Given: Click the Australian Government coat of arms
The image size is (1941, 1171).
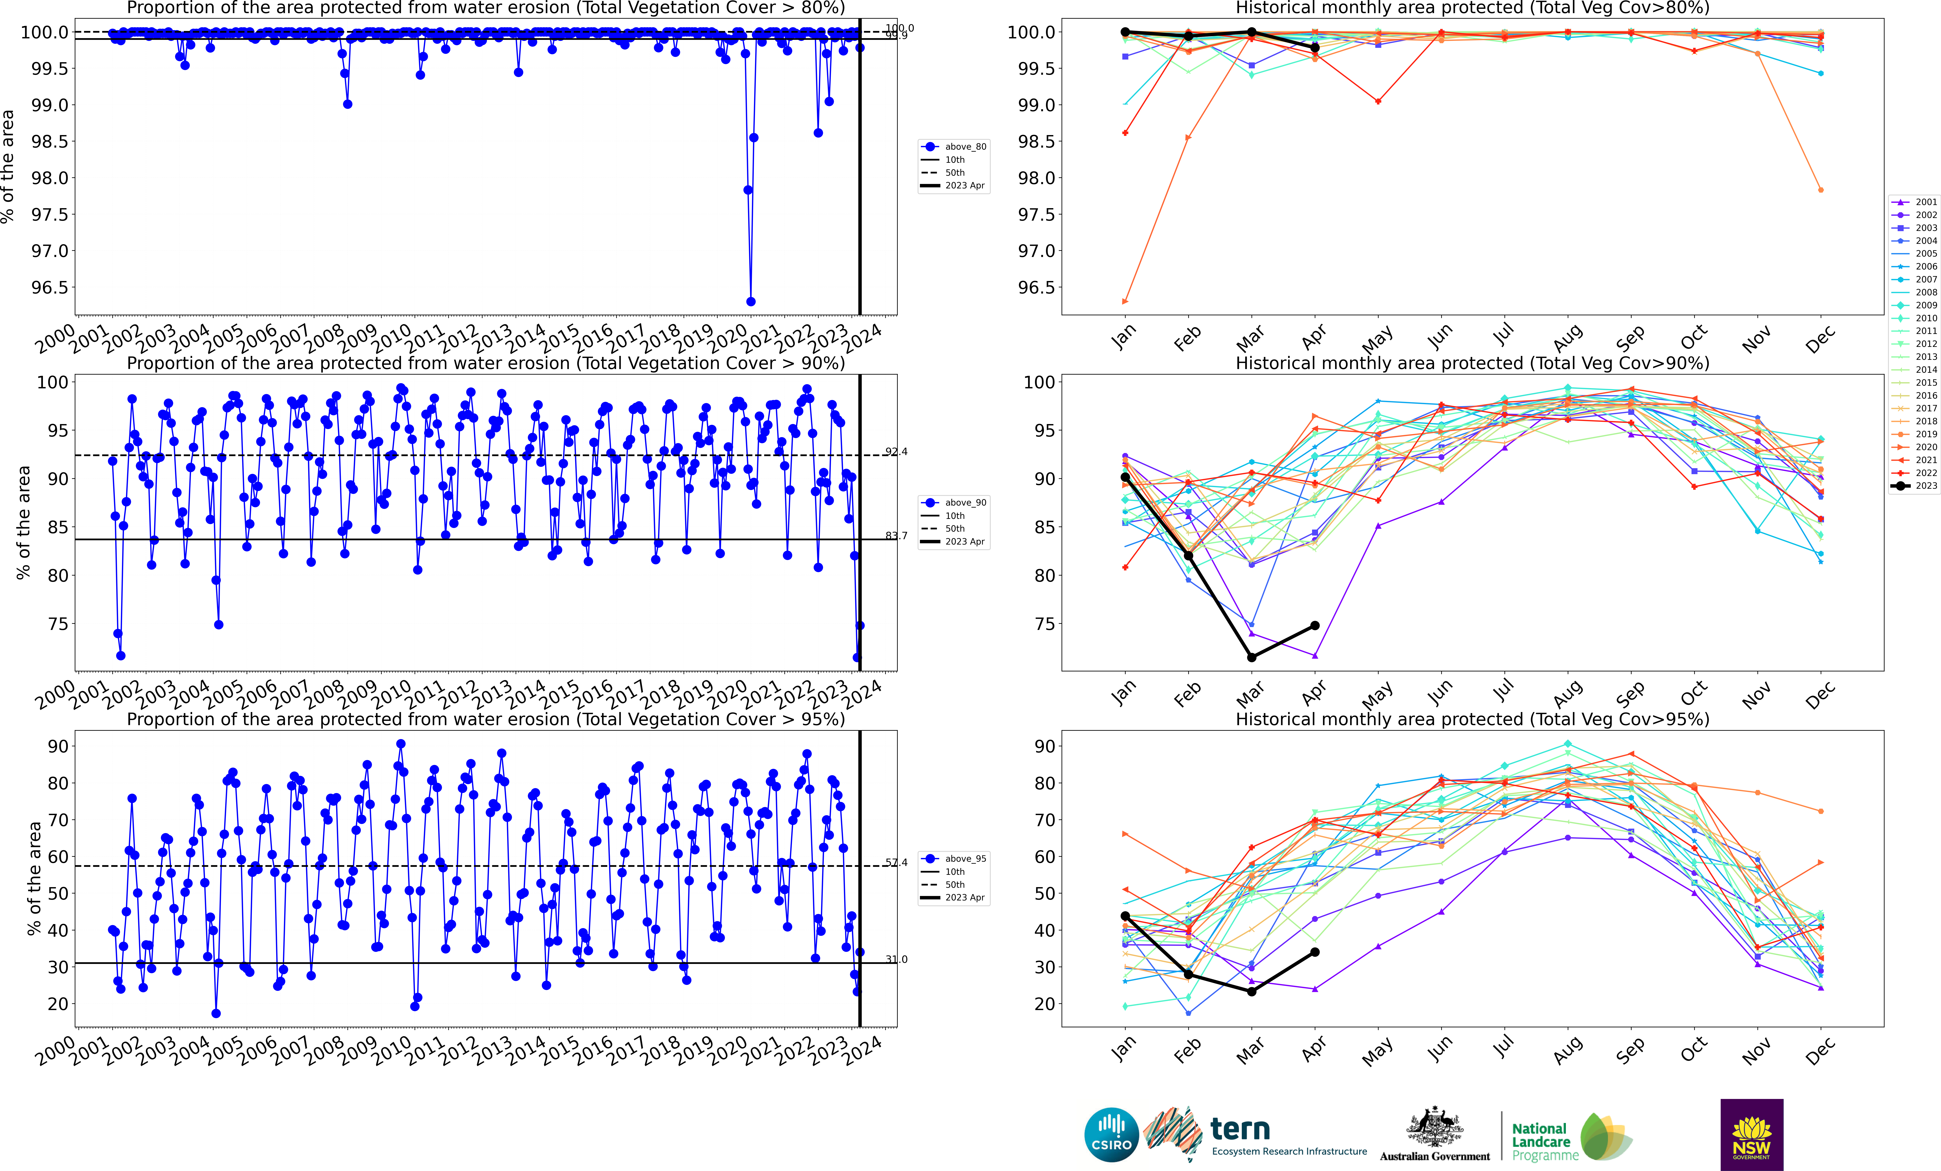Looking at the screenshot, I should (x=1434, y=1128).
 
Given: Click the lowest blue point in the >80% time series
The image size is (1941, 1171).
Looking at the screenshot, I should (x=751, y=302).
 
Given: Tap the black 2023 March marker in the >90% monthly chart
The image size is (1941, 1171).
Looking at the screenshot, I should (x=1252, y=658).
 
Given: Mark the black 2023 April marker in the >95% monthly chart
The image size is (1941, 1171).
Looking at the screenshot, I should (x=1315, y=952).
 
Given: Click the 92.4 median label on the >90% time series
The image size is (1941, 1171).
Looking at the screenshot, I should (x=896, y=452).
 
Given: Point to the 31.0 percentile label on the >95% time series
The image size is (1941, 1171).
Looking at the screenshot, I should (x=896, y=959).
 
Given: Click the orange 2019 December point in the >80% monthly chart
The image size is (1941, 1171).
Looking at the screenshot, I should (x=1820, y=190).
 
